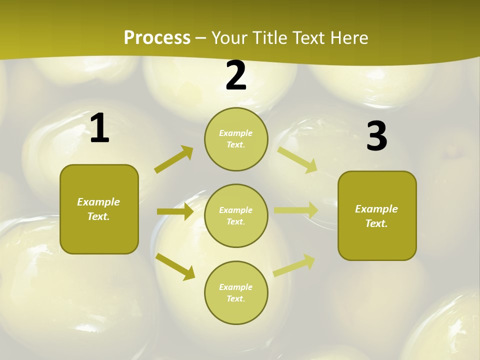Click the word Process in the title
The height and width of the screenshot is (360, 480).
click(157, 37)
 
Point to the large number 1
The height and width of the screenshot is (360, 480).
click(99, 128)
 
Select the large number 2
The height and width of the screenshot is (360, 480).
click(236, 75)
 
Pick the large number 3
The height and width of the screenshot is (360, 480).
click(376, 136)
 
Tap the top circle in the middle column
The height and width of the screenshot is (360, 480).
click(236, 139)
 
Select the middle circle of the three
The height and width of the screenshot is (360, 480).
click(236, 215)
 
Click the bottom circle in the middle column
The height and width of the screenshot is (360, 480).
click(236, 292)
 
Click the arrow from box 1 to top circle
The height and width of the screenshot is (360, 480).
click(174, 159)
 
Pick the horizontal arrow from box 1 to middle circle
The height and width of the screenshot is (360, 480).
click(175, 211)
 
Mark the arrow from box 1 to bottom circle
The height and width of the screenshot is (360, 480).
click(175, 266)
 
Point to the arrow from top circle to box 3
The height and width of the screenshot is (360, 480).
click(297, 159)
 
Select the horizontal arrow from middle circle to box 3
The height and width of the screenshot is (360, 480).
click(296, 210)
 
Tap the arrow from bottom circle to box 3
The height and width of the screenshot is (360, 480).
click(294, 265)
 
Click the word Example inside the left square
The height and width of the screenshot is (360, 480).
click(98, 202)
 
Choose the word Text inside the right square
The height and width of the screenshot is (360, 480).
click(376, 223)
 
